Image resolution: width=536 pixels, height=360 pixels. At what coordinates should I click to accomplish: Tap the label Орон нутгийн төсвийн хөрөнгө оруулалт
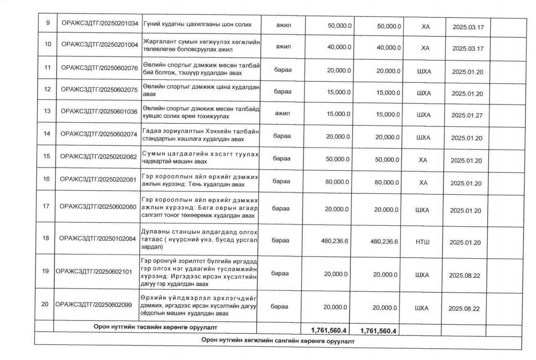[155, 327]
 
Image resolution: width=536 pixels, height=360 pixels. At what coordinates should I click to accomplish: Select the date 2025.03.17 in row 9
[468, 27]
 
